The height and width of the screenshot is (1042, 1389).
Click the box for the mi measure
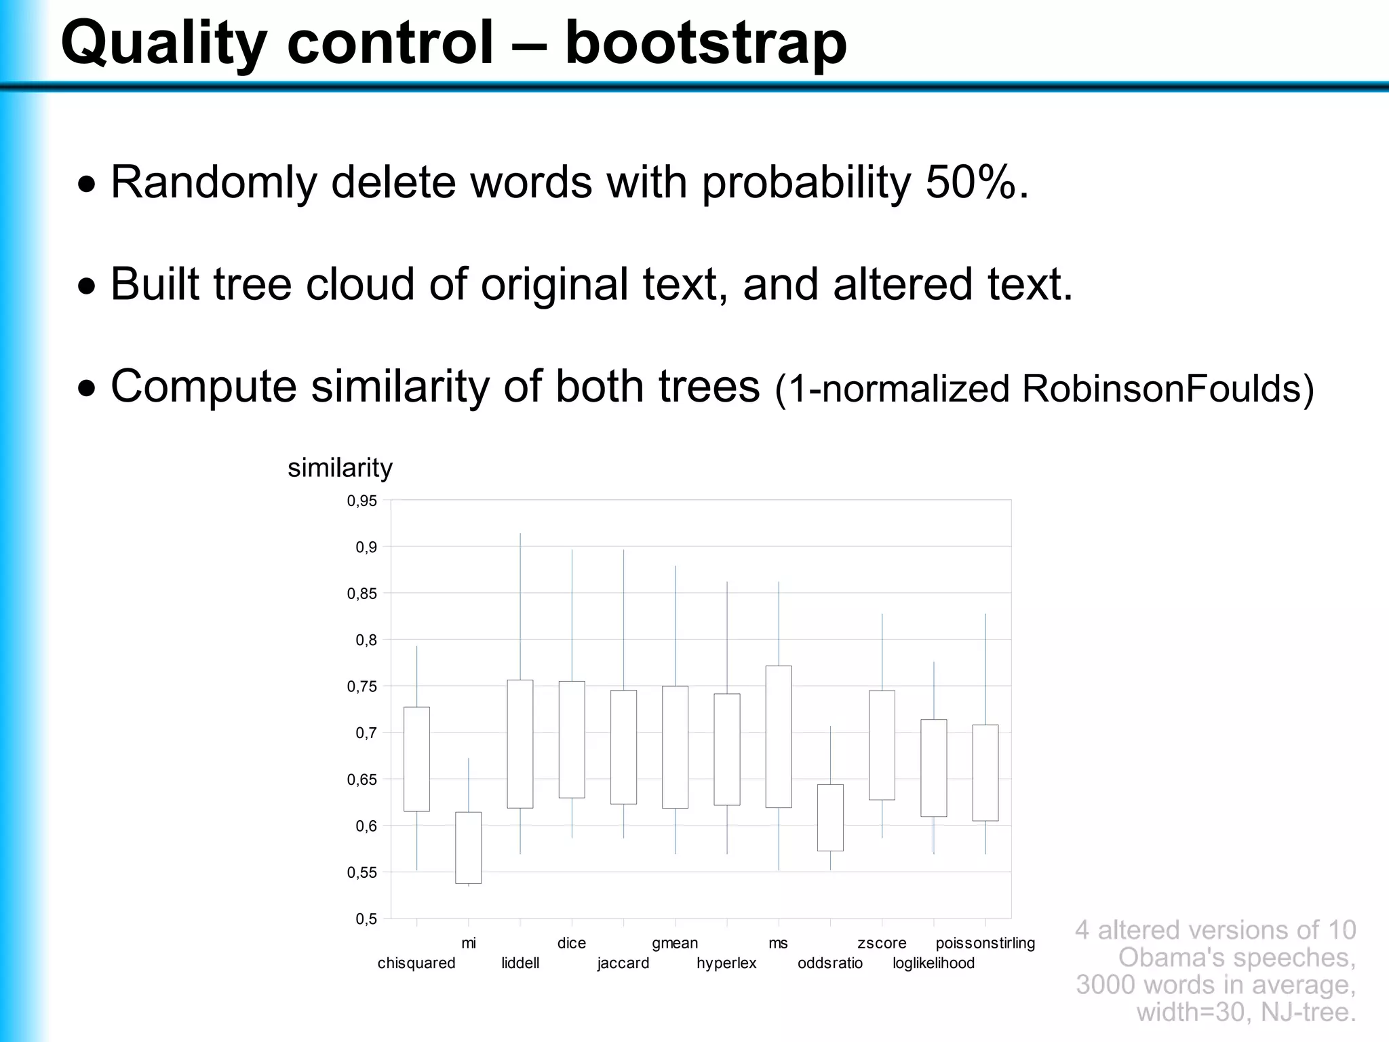coord(468,847)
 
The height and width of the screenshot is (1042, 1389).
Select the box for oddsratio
coord(830,817)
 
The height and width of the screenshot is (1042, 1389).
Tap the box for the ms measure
coord(779,736)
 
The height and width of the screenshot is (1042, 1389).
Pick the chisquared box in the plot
coord(416,758)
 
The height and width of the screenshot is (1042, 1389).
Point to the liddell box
coord(520,744)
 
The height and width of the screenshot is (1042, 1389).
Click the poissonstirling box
coord(985,773)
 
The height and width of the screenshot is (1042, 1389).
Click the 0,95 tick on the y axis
coord(362,501)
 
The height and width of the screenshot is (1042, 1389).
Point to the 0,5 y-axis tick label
coord(366,919)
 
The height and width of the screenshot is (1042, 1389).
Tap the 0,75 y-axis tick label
coord(362,687)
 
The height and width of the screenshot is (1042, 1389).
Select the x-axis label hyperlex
coord(726,963)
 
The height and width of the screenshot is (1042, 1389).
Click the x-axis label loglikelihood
coord(933,963)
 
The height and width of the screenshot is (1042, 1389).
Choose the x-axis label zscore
coord(882,943)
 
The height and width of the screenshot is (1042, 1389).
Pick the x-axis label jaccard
coord(623,963)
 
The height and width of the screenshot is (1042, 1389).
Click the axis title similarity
coord(340,468)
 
